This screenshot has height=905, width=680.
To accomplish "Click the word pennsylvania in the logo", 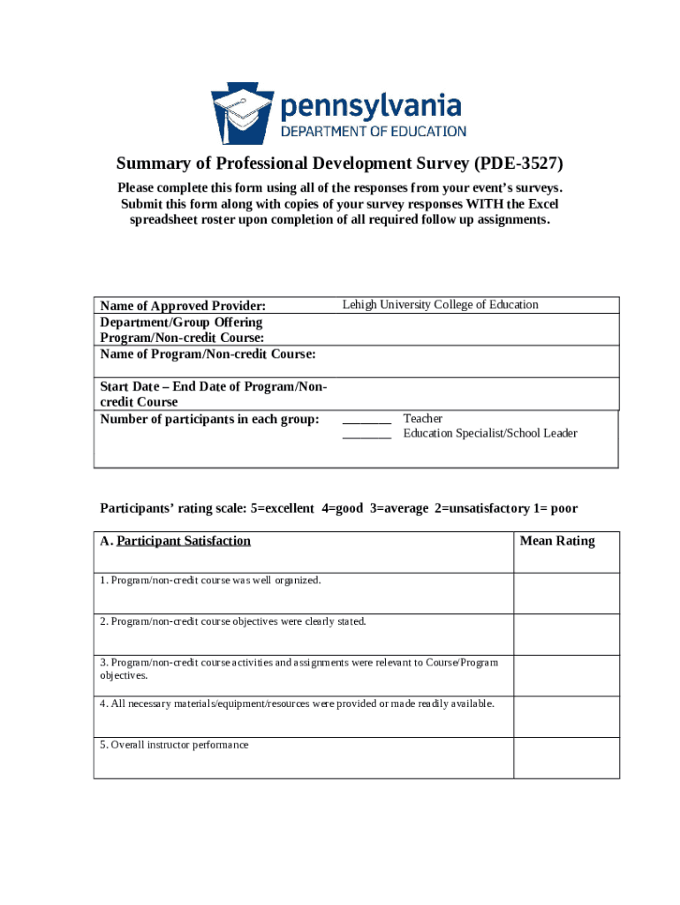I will (x=371, y=108).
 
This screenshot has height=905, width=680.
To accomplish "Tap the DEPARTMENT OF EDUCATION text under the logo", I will (x=373, y=132).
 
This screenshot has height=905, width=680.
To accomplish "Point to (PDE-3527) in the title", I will (x=518, y=164).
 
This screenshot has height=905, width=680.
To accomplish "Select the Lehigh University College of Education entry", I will (x=440, y=305).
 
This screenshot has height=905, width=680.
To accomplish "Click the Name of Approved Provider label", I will (x=183, y=306).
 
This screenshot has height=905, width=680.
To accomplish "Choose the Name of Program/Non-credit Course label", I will (x=208, y=354).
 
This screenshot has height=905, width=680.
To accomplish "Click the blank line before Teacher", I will (x=366, y=419).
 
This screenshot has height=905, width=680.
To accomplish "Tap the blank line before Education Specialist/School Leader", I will (x=366, y=434).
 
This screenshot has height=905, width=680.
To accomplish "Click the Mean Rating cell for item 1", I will (x=566, y=593).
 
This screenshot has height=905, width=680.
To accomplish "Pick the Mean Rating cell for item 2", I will (x=566, y=634).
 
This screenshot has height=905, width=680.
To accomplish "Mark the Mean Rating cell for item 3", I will (x=566, y=675).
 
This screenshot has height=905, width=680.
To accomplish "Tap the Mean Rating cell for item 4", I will (x=566, y=716).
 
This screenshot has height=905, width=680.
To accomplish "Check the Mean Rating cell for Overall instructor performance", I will (x=566, y=757).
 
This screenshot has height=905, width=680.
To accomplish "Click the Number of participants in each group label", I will (x=209, y=419).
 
